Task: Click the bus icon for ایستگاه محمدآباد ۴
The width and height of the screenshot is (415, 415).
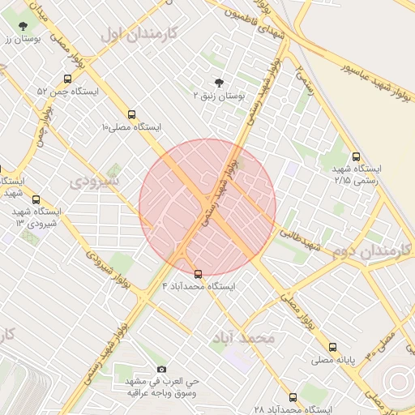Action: click(x=199, y=273)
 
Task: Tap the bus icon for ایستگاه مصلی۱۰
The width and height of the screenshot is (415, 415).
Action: click(x=132, y=114)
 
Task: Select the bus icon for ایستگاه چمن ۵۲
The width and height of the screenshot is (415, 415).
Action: click(x=66, y=79)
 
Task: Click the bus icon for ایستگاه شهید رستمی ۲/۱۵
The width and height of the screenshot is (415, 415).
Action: click(x=356, y=156)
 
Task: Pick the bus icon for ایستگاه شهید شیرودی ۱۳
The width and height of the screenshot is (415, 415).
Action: click(x=35, y=199)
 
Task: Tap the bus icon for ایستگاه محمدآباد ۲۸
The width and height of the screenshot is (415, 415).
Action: click(x=293, y=397)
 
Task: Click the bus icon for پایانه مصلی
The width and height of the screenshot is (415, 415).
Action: click(x=332, y=347)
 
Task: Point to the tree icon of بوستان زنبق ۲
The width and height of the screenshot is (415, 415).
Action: click(x=218, y=82)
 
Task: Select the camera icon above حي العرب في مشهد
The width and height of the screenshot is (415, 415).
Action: click(x=161, y=369)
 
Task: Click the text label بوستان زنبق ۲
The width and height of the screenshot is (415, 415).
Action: click(x=218, y=95)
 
